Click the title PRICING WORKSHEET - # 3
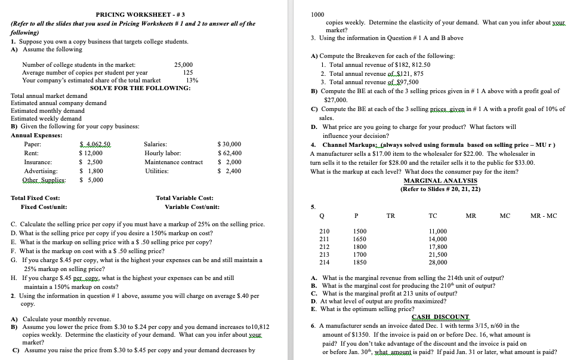[140, 14]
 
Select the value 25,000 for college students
[183, 64]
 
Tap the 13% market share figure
[192, 80]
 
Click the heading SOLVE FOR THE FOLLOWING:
[140, 88]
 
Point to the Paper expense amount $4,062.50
[94, 144]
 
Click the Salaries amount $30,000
[229, 144]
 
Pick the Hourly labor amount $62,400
[229, 153]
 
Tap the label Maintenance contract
[174, 162]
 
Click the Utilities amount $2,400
[229, 171]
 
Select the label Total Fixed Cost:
[35, 198]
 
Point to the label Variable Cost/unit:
[192, 207]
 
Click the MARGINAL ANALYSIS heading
[440, 180]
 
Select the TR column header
[390, 216]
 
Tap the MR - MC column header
[544, 216]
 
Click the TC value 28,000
[438, 262]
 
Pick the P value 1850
[360, 262]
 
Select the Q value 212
[325, 247]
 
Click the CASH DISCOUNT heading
[440, 316]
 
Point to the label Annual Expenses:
[36, 135]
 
